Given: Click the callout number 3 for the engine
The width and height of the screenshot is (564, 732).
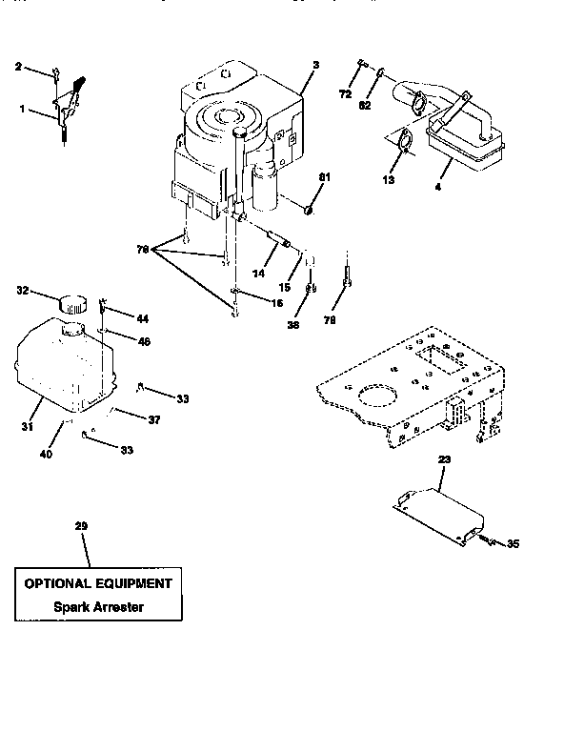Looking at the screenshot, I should click(x=315, y=64).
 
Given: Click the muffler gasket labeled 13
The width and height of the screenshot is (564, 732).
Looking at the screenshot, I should click(x=403, y=142).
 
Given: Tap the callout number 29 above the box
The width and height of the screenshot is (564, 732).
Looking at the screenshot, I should click(x=81, y=526).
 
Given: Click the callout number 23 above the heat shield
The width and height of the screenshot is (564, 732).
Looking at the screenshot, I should click(x=444, y=459).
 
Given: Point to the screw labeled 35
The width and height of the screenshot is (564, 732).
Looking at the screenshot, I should click(x=487, y=541).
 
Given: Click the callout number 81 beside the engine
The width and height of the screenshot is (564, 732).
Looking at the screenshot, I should click(x=323, y=177).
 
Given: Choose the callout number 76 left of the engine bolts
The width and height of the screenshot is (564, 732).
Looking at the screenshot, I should click(x=144, y=250).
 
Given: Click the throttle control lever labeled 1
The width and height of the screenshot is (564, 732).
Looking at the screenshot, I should click(x=67, y=112).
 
